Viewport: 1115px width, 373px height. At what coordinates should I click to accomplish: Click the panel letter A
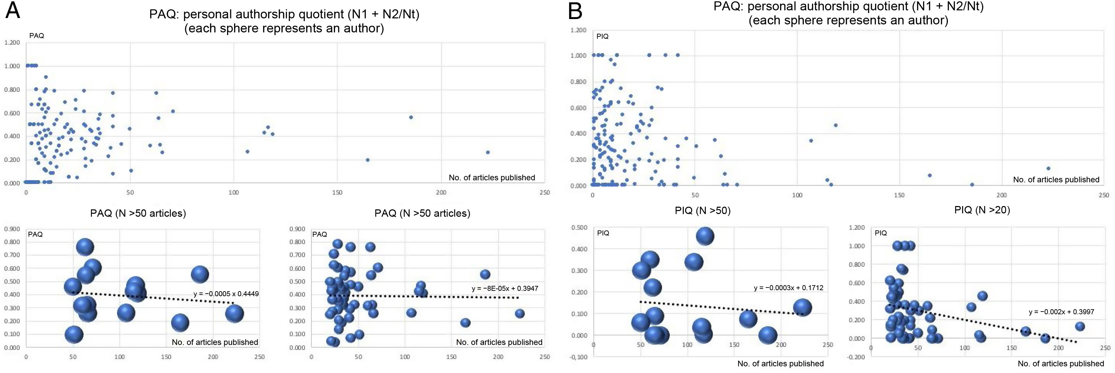(13, 10)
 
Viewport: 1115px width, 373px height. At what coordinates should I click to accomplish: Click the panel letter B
(575, 10)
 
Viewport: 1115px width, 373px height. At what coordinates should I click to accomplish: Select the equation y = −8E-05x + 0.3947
(505, 289)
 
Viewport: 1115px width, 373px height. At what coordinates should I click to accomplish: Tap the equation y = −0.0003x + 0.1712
(789, 288)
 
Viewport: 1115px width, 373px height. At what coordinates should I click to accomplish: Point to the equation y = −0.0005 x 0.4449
(226, 294)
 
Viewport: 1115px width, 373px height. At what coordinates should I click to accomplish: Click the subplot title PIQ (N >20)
(982, 210)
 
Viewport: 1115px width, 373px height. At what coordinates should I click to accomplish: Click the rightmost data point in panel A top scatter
(488, 152)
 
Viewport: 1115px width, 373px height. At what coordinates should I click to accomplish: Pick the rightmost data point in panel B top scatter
(1048, 169)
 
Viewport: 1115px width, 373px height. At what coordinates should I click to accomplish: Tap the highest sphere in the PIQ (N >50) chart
(705, 236)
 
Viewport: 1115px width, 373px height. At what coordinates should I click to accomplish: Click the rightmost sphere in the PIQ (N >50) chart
(802, 308)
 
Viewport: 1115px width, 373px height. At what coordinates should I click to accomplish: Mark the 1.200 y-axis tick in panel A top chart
(12, 42)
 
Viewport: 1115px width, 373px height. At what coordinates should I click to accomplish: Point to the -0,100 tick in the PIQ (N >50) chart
(579, 357)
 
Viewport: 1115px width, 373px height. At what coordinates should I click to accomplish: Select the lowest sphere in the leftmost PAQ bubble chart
(74, 335)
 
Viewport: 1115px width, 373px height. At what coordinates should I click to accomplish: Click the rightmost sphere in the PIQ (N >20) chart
(1080, 327)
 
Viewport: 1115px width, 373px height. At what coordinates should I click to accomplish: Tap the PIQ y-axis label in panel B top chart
(602, 36)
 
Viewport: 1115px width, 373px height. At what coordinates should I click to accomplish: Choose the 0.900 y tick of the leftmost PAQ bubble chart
(12, 229)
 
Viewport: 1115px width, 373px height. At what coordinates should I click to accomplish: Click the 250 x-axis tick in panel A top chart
(545, 192)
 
